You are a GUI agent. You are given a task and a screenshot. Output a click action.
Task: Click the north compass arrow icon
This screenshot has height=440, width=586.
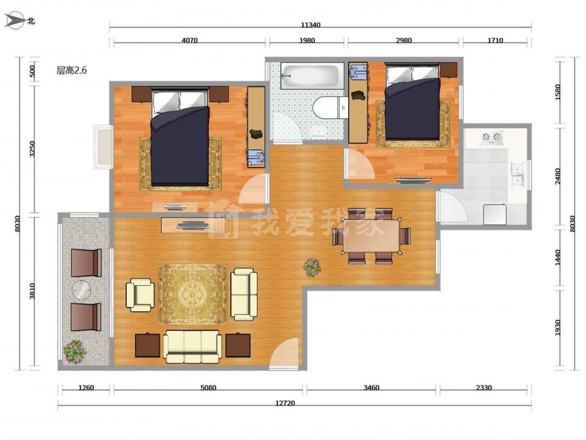tap(14, 20)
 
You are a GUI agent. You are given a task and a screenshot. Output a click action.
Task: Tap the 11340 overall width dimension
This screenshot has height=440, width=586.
tap(310, 25)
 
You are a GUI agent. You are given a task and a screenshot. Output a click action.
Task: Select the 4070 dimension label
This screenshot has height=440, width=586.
tap(190, 40)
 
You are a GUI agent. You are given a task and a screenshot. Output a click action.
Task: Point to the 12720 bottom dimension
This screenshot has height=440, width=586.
tap(285, 403)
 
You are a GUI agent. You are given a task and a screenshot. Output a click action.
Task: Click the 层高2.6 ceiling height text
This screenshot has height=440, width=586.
tap(71, 71)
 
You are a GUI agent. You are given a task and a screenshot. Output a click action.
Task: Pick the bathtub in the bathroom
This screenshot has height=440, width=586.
tap(312, 76)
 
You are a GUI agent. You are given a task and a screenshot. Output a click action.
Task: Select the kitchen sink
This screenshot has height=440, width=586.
tap(518, 175)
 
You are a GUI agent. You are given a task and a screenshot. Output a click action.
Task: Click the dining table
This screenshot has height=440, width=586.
tap(372, 236)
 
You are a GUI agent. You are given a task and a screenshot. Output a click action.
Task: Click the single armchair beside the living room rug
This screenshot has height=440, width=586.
tap(140, 295)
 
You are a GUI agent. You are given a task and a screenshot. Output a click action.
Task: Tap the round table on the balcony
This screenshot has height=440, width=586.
tap(81, 289)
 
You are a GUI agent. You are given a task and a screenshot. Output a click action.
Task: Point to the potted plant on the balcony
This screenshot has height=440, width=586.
tap(74, 351)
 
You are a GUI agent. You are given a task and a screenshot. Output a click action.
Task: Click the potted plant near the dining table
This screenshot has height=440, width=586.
tap(312, 268)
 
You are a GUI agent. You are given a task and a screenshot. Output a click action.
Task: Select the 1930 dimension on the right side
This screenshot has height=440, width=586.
tap(558, 327)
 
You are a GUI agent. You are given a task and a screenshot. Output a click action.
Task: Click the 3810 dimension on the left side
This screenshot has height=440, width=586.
tap(32, 291)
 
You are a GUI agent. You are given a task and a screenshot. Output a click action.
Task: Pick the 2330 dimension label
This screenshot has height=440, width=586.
tap(484, 388)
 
